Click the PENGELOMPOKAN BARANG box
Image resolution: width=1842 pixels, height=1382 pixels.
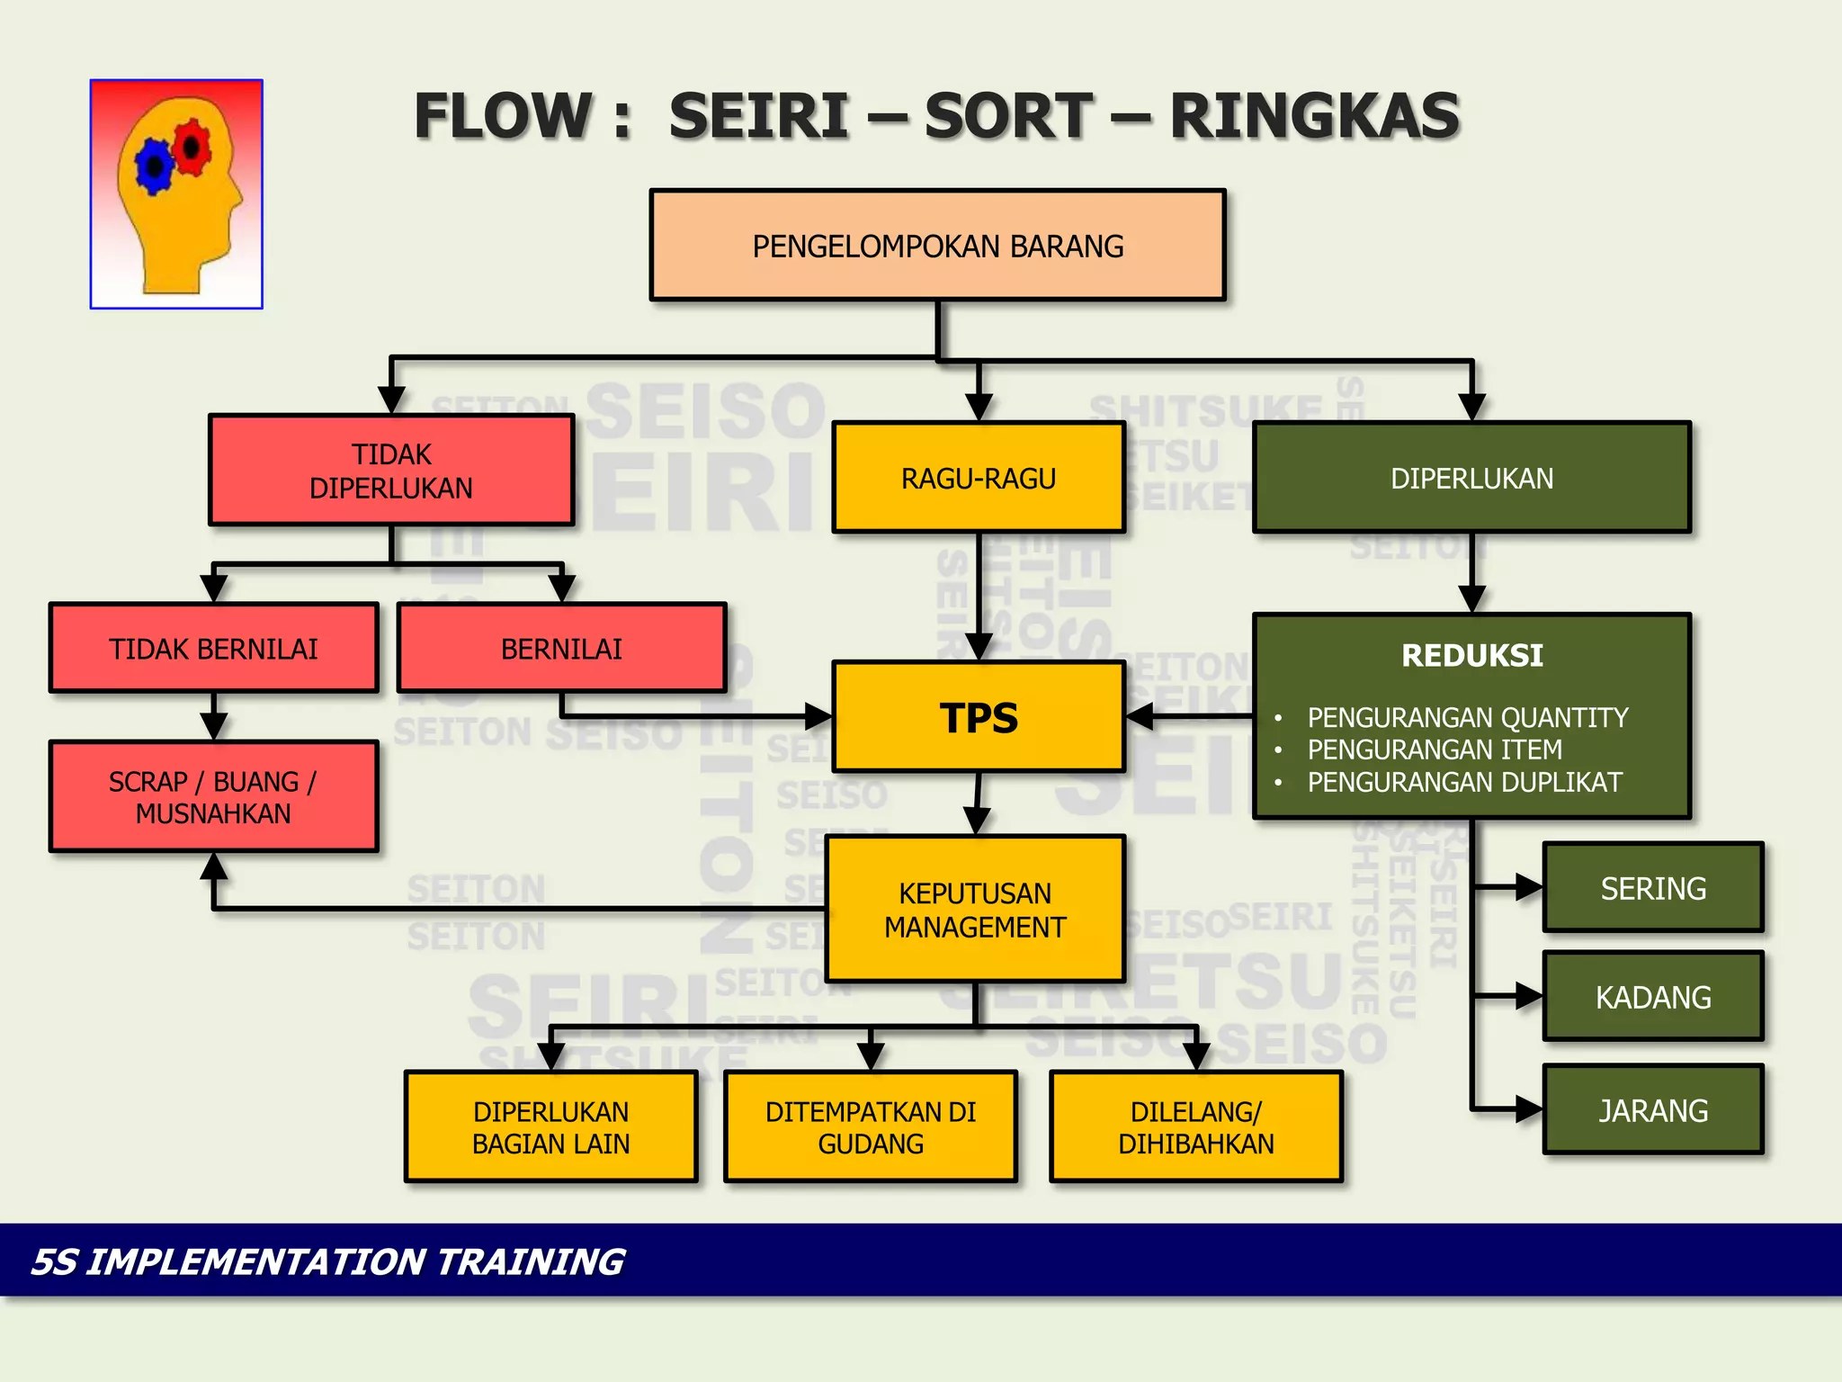coord(937,245)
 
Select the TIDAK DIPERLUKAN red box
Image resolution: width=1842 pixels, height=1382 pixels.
coord(391,470)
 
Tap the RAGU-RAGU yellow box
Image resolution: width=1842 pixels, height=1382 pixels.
coord(979,478)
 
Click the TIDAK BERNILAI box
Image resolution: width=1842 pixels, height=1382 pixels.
coord(213,648)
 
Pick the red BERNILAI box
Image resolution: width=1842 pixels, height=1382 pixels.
coord(561,648)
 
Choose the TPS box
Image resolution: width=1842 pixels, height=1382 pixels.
coord(979,717)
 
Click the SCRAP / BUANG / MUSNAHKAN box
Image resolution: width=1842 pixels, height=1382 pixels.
coord(213,796)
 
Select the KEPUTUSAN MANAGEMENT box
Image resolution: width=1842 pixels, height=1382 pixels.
coord(975,909)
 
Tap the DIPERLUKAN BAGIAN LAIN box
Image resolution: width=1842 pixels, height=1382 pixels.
coord(550,1126)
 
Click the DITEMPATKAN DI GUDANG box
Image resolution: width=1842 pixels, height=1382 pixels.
coord(871,1126)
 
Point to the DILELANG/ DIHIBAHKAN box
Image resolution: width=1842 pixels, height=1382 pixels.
coord(1195,1126)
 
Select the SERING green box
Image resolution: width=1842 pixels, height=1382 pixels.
coord(1653,888)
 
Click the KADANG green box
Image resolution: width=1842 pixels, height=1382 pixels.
coord(1653,997)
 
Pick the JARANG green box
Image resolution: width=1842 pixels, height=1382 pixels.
coord(1653,1109)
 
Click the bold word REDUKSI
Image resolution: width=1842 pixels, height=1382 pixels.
coord(1471,655)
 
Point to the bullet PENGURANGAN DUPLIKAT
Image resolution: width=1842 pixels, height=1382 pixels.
coord(1464,782)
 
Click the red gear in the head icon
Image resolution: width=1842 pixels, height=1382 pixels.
coord(192,147)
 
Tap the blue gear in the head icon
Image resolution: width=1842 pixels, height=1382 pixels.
coord(155,166)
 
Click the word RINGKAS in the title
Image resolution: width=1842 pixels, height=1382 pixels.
coord(1314,117)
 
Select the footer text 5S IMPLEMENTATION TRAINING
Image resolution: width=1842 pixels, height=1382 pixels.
coord(327,1261)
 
